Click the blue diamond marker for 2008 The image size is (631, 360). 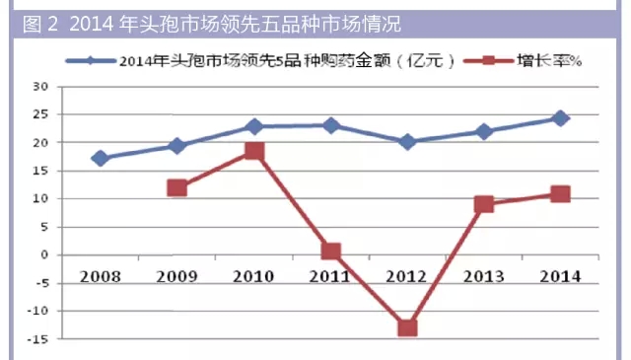pyautogui.click(x=100, y=158)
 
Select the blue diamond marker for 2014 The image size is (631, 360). pyautogui.click(x=560, y=118)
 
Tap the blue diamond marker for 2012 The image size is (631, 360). pyautogui.click(x=407, y=142)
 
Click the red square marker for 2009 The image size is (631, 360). pyautogui.click(x=176, y=187)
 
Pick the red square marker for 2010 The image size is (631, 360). pyautogui.click(x=253, y=151)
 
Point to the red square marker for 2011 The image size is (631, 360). pyautogui.click(x=330, y=252)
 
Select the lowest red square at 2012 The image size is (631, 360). pyautogui.click(x=407, y=326)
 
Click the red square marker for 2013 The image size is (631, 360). pyautogui.click(x=483, y=204)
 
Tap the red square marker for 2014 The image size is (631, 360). pyautogui.click(x=560, y=193)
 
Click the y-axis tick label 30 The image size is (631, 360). pyautogui.click(x=41, y=87)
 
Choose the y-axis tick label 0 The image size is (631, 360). pyautogui.click(x=45, y=254)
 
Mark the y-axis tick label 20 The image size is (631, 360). pyautogui.click(x=41, y=143)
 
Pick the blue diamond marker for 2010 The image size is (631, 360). pyautogui.click(x=253, y=126)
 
